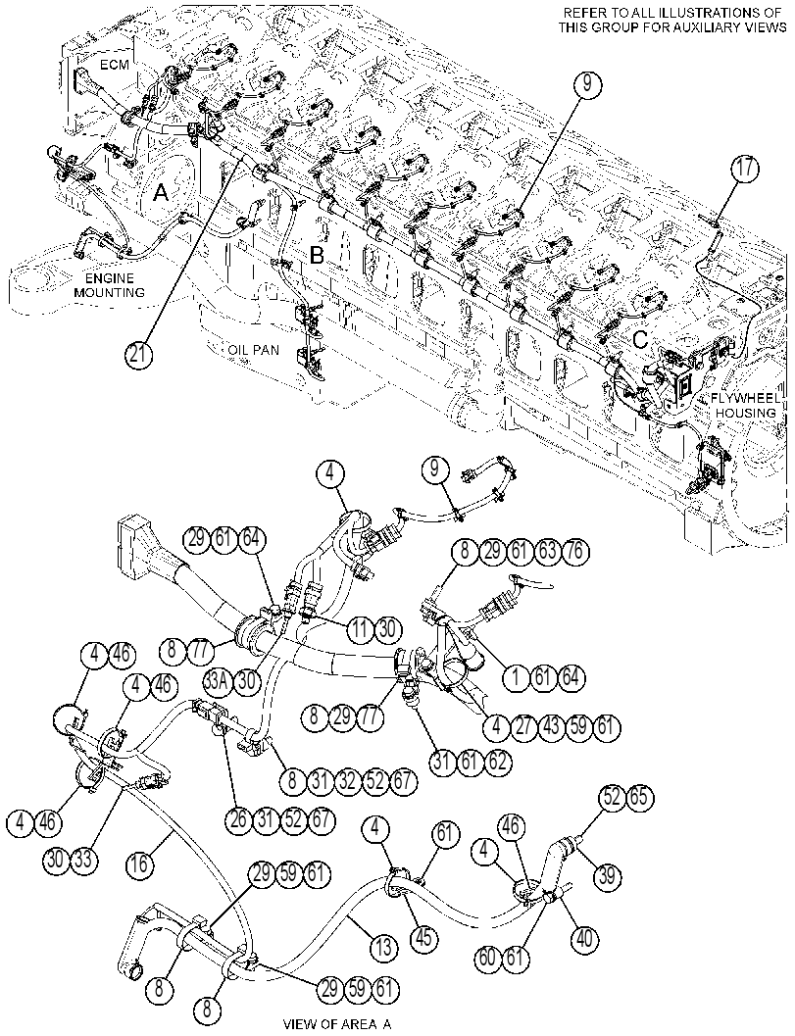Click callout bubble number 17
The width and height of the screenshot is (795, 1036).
pos(745,169)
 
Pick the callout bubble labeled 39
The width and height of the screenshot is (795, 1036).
pos(607,876)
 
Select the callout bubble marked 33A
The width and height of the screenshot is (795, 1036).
pos(216,681)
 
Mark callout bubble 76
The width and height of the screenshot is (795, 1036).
pos(575,552)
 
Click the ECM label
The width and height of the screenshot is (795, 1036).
pos(116,64)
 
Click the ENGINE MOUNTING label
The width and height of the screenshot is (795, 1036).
pos(109,285)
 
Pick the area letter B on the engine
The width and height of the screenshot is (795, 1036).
pos(318,256)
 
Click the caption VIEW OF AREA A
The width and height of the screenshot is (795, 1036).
pos(337,1025)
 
